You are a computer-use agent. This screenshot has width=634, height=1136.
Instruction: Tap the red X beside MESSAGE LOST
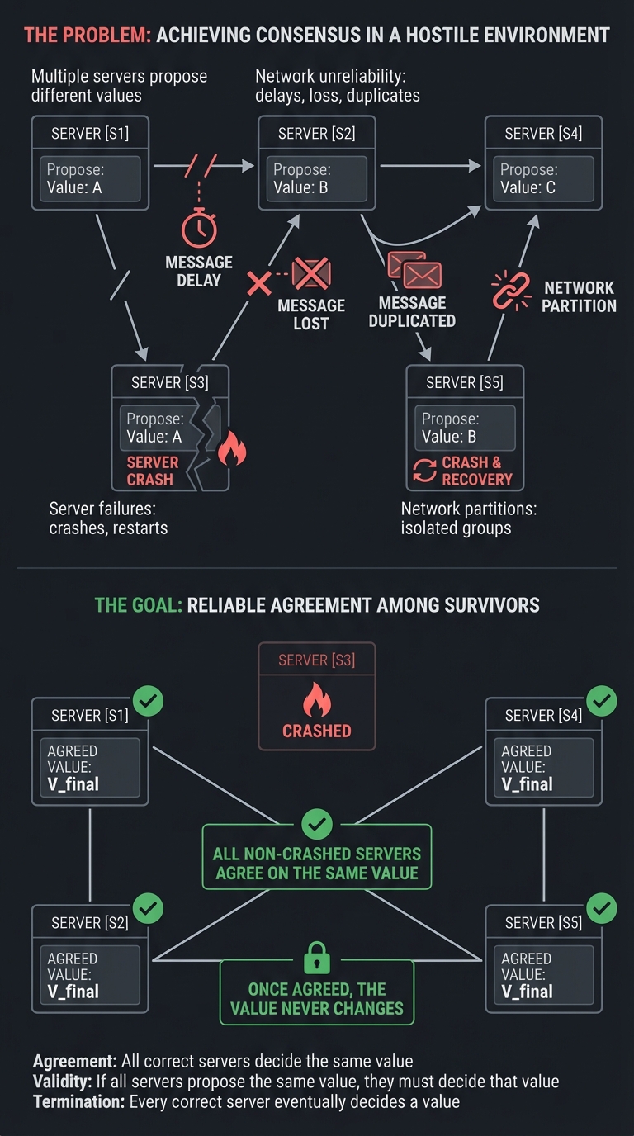click(x=259, y=285)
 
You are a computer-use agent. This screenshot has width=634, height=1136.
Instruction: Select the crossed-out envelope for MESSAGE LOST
click(x=311, y=273)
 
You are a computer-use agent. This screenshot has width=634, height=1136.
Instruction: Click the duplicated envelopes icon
click(x=414, y=270)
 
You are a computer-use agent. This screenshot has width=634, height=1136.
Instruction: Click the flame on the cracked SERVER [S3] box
click(x=231, y=451)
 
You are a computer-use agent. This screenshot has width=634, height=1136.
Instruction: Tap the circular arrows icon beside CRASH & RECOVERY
click(x=424, y=471)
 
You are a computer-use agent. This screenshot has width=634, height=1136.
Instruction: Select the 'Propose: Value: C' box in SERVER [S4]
click(x=543, y=178)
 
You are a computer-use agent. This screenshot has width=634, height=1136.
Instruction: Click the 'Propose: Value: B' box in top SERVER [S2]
click(x=317, y=178)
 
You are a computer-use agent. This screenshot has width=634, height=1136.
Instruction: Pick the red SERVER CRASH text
click(x=152, y=471)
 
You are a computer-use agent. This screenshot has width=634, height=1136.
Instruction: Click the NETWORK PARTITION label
click(x=579, y=296)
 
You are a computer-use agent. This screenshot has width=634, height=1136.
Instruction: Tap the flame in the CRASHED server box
click(x=317, y=701)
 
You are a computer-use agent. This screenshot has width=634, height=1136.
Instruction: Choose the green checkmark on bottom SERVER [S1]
click(x=149, y=702)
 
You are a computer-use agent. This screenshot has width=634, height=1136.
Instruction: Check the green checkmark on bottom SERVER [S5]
click(x=602, y=909)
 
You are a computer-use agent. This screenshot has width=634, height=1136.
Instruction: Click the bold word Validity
click(x=63, y=1082)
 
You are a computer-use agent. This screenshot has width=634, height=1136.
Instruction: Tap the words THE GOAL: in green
click(x=138, y=604)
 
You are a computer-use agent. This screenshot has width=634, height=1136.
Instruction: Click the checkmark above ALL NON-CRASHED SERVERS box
click(x=317, y=823)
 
